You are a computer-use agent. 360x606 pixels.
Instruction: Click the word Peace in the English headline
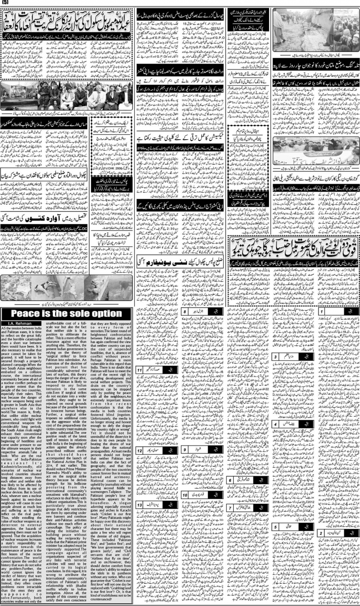pos(30,314)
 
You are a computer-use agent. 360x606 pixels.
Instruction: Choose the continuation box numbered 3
pos(276,369)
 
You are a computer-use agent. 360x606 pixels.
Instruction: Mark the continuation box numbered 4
pos(276,425)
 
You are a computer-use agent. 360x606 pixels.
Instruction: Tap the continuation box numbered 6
pos(231,481)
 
